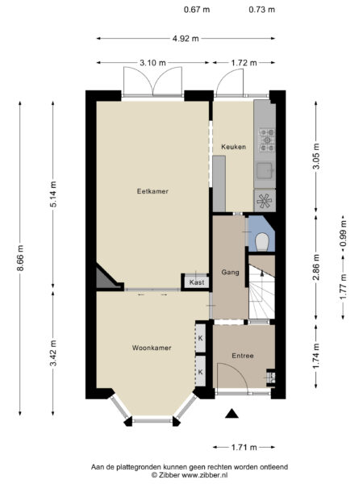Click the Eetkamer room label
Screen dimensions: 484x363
pos(152,191)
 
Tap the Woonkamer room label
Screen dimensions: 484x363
pos(152,348)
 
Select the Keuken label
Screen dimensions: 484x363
pos(233,146)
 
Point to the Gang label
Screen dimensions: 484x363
pos(230,273)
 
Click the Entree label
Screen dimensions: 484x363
pos(243,356)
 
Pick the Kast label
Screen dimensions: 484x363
pos(197,282)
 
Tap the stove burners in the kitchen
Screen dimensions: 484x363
pos(265,140)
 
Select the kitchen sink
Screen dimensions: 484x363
pos(265,170)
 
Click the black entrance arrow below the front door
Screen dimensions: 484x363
pos(233,414)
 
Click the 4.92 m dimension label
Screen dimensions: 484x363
pos(186,37)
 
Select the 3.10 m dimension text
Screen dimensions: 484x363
pos(152,62)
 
